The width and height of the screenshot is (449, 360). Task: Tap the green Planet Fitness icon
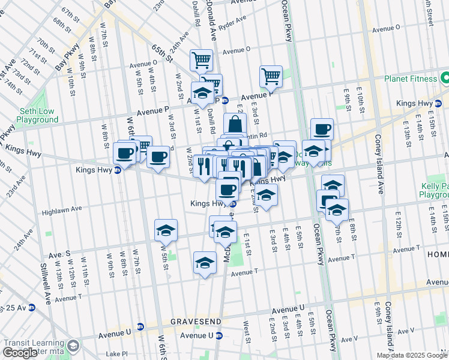tap(445, 78)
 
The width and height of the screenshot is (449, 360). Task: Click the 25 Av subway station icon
tap(31, 308)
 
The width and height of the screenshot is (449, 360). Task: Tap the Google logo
tap(20, 353)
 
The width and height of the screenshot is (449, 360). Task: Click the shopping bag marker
tap(235, 125)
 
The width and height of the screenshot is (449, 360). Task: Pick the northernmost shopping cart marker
tap(201, 60)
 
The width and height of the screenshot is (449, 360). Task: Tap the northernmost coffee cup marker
tap(322, 129)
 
